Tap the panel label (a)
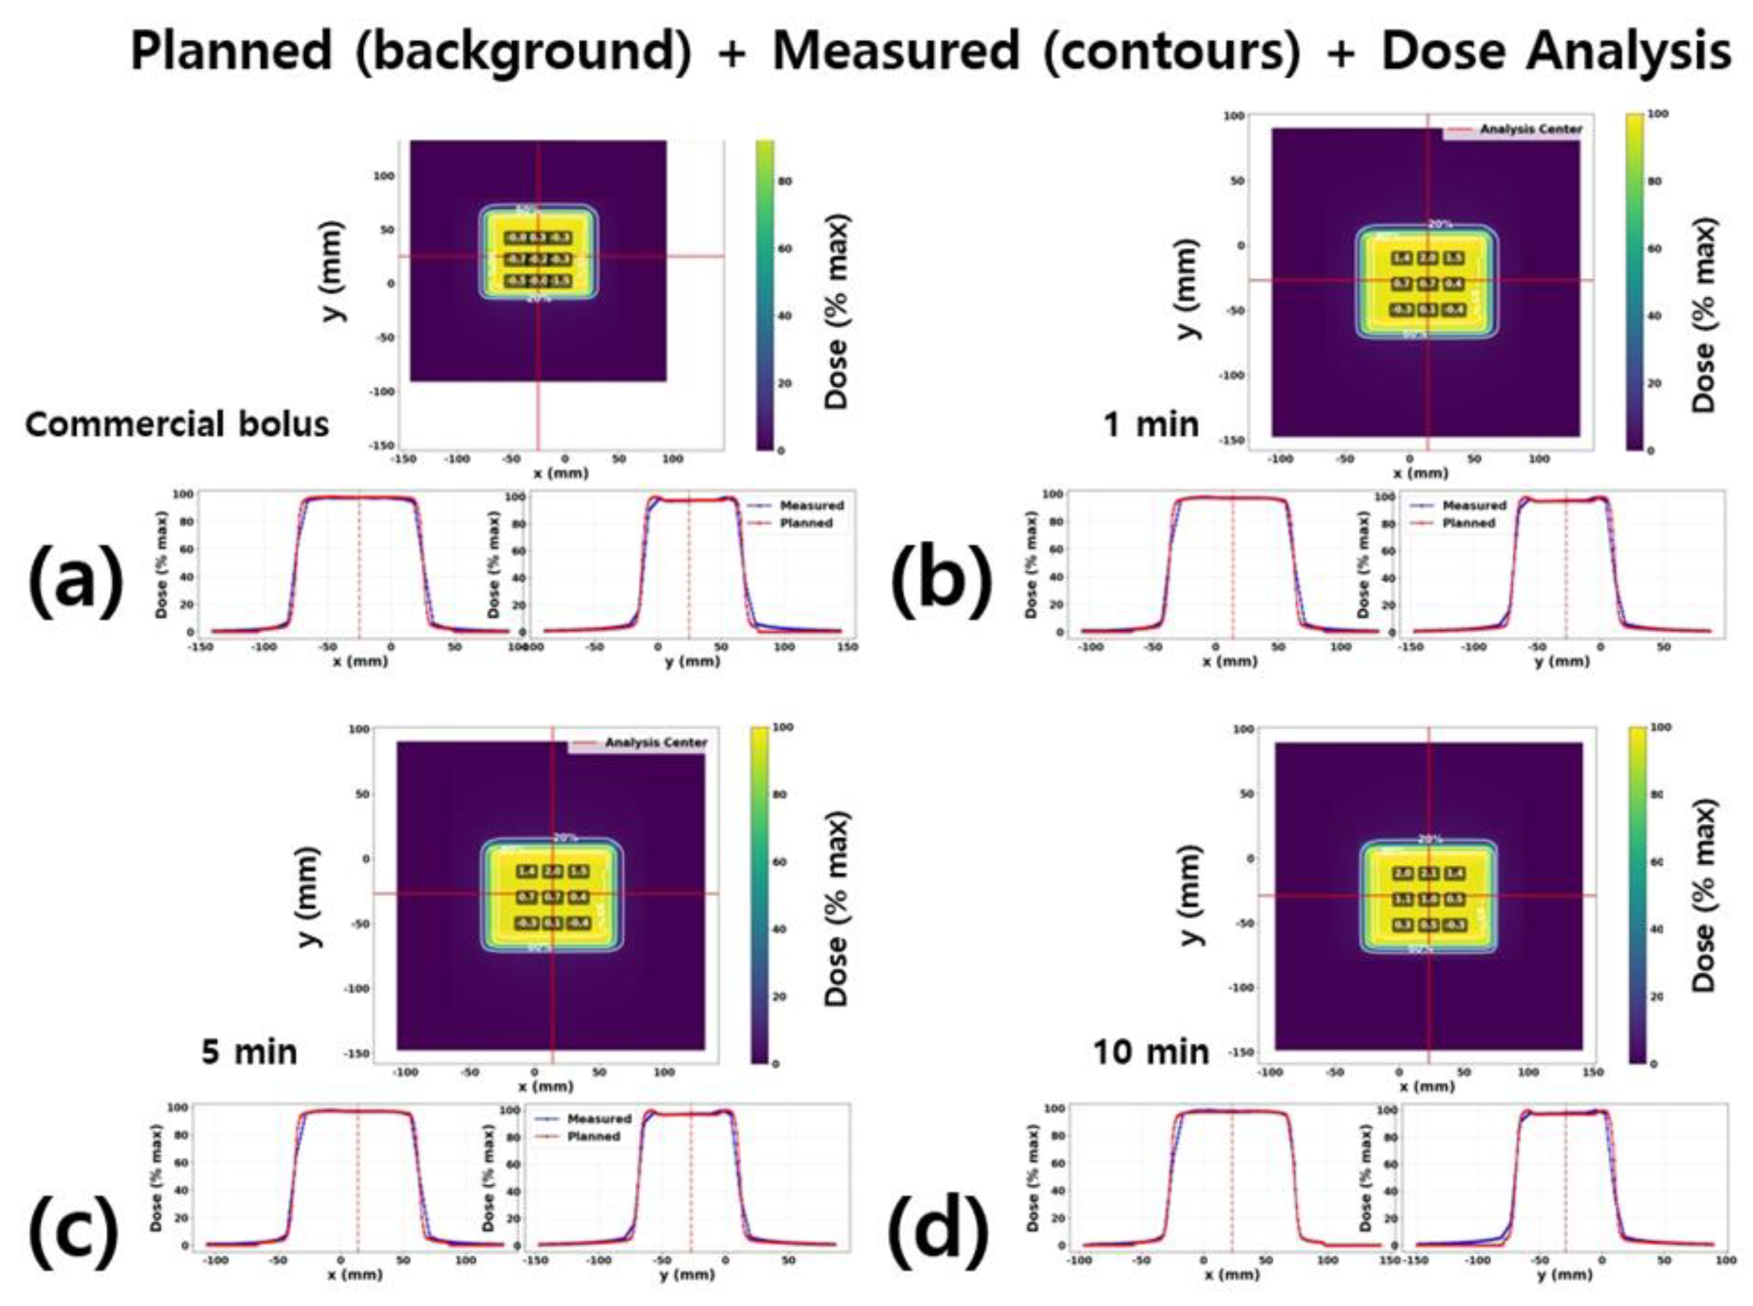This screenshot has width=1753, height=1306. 76,579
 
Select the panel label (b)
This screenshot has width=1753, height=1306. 941,579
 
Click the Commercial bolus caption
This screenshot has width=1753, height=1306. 177,424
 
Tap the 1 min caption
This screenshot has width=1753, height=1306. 1152,424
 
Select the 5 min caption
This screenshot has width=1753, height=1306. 250,1052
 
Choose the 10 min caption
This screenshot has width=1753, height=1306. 1152,1052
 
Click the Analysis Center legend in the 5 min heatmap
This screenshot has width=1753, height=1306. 655,742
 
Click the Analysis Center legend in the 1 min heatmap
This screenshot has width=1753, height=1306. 1530,129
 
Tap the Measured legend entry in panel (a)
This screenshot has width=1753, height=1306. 811,505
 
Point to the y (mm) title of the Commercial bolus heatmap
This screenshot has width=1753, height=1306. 335,271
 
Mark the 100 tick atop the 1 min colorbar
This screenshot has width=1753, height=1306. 1658,115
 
